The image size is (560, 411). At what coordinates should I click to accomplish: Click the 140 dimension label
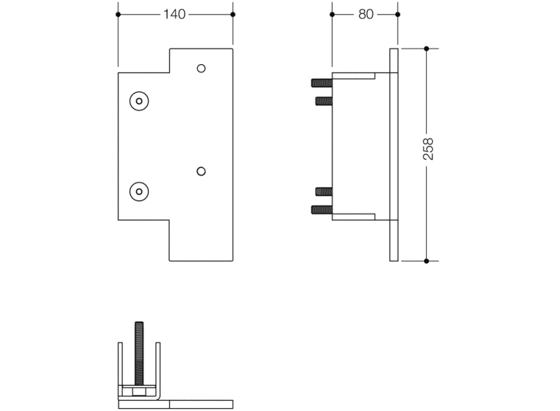[x=174, y=15]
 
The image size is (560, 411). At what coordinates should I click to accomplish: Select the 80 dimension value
[x=366, y=15]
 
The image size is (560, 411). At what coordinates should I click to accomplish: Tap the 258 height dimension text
[x=428, y=149]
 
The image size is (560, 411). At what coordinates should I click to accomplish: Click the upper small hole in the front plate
[x=201, y=68]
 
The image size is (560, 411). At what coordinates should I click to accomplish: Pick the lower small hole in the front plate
[x=201, y=171]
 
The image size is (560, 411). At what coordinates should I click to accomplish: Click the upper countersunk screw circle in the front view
[x=139, y=101]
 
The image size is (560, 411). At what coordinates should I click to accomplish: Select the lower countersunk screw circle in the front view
[x=139, y=192]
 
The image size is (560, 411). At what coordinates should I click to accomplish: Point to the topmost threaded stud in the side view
[x=322, y=83]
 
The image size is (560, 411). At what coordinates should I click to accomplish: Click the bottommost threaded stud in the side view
[x=322, y=210]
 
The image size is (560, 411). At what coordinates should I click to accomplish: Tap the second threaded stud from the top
[x=324, y=101]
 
